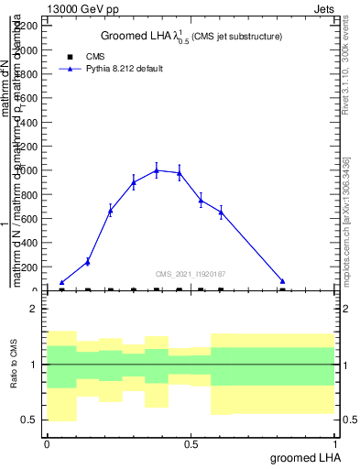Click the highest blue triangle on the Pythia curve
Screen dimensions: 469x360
[157, 170]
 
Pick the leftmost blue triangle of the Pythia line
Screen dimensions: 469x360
[61, 283]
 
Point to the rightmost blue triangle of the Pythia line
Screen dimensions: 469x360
[283, 281]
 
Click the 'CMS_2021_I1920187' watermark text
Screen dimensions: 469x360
[191, 274]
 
